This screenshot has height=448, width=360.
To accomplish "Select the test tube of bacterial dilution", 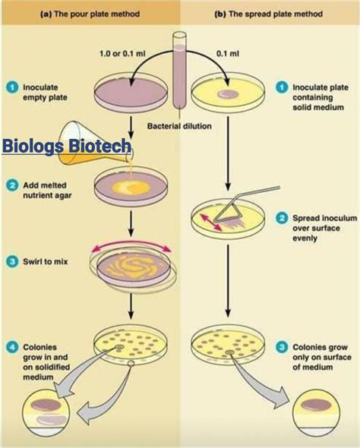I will point(180,72).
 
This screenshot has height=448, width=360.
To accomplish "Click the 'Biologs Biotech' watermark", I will point(67,146).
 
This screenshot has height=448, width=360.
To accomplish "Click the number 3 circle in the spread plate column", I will point(282,346).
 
